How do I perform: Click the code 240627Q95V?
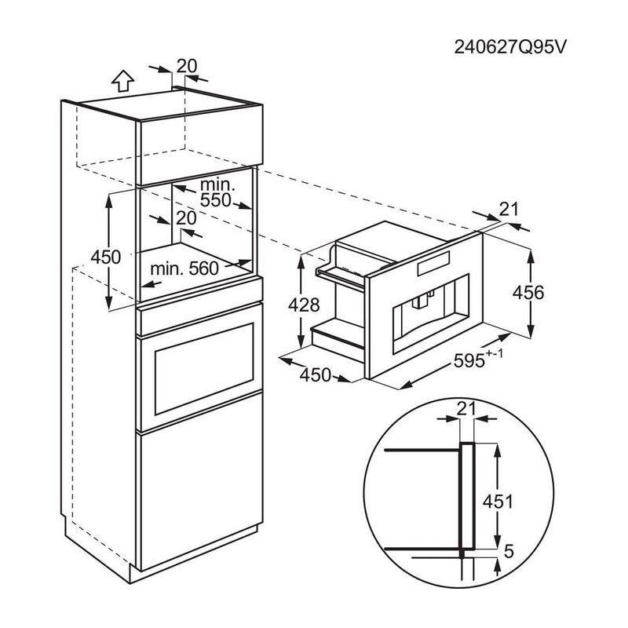pyautogui.click(x=510, y=46)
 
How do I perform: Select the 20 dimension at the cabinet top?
pyautogui.click(x=186, y=66)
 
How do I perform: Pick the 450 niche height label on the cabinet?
pyautogui.click(x=105, y=257)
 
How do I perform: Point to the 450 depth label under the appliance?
pyautogui.click(x=316, y=375)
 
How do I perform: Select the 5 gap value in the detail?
pyautogui.click(x=509, y=553)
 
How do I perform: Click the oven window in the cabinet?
pyautogui.click(x=206, y=369)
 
